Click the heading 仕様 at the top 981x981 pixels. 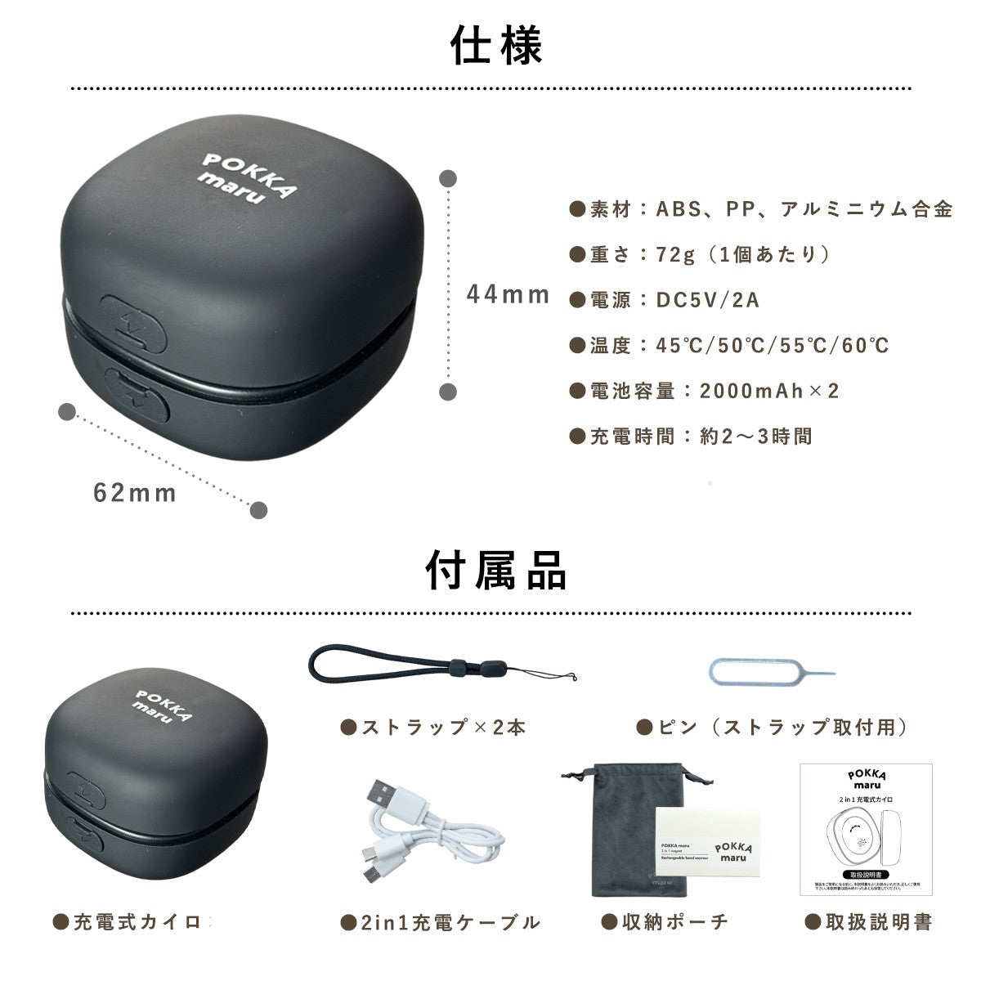coord(496,47)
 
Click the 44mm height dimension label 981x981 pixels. coord(508,294)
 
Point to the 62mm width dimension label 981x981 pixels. coord(135,493)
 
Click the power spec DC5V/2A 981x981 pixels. coord(708,300)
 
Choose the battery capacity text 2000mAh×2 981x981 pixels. coord(769,391)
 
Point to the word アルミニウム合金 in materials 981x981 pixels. coord(867,209)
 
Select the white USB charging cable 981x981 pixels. coord(425,842)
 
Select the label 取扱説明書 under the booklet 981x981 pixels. coord(878,922)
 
